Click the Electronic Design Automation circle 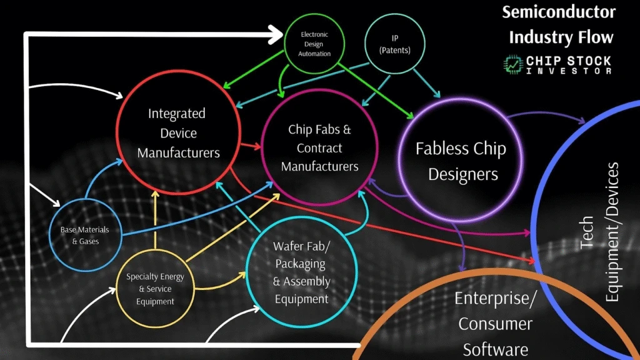[x=314, y=44]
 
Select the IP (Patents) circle [x=395, y=44]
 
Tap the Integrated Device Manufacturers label [x=177, y=133]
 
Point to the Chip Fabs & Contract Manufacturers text [x=319, y=148]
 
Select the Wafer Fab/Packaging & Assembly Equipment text [x=301, y=272]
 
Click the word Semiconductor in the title [x=559, y=12]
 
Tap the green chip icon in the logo [x=513, y=63]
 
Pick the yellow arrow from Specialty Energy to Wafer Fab [x=219, y=284]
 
